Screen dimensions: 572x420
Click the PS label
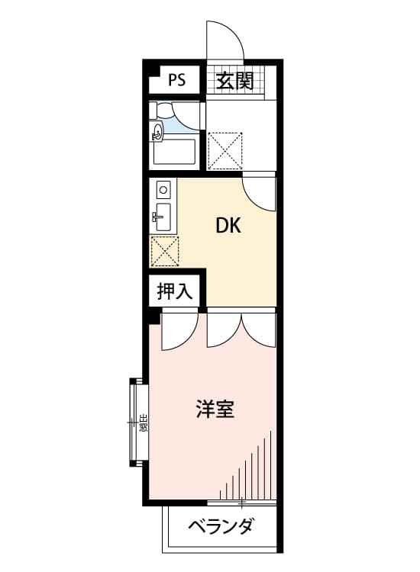click(x=176, y=80)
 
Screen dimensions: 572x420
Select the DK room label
click(x=228, y=225)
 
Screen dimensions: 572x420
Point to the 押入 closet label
click(x=176, y=291)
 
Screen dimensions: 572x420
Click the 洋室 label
click(x=215, y=410)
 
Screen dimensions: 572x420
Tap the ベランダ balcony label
click(x=221, y=526)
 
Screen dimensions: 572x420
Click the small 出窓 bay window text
click(x=143, y=422)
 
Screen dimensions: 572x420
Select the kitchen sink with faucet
click(x=163, y=217)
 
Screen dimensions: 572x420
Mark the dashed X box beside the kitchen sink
click(x=164, y=251)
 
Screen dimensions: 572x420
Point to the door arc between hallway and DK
click(x=259, y=192)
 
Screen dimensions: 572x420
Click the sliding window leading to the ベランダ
click(x=241, y=503)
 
